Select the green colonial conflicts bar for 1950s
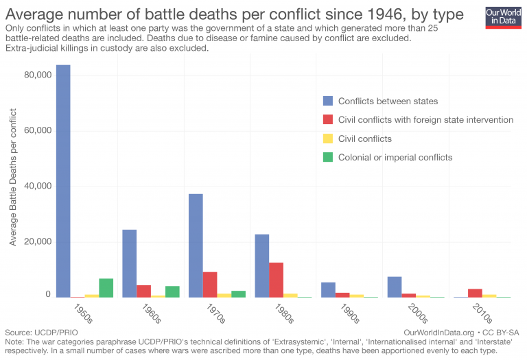click(106, 288)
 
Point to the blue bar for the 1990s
click(329, 289)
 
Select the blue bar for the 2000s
click(395, 287)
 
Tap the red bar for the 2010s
click(475, 293)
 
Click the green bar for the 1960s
click(172, 291)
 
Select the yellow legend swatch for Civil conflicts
click(327, 139)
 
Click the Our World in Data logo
click(503, 16)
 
